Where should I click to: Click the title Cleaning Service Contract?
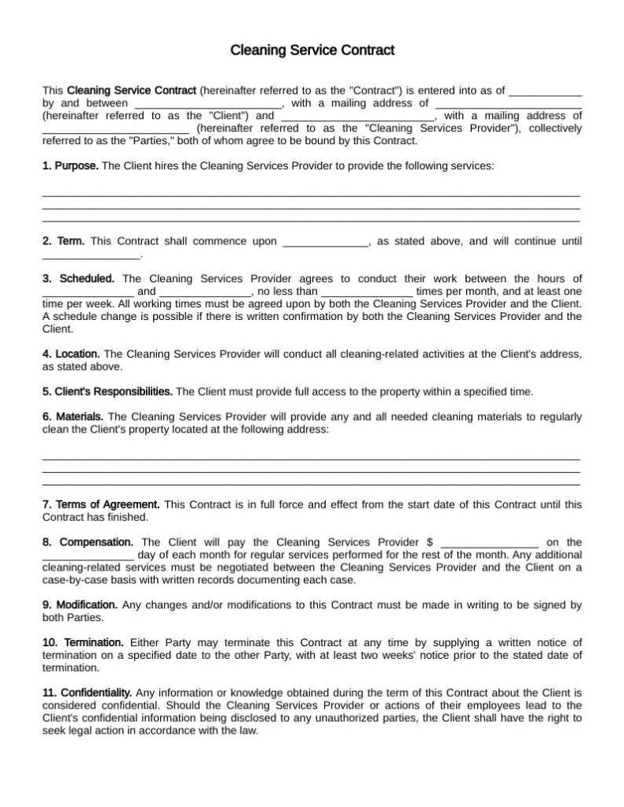312,50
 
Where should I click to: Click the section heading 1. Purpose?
70,166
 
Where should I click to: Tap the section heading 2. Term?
63,241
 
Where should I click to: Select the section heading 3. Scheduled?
78,278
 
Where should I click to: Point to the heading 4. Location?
71,354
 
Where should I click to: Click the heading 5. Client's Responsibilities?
107,391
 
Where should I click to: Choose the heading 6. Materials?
73,416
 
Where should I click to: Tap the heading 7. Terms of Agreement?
101,504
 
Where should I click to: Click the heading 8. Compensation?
88,542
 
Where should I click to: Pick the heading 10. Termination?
83,642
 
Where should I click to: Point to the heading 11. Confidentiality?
87,692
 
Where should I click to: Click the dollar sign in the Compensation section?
429,542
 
